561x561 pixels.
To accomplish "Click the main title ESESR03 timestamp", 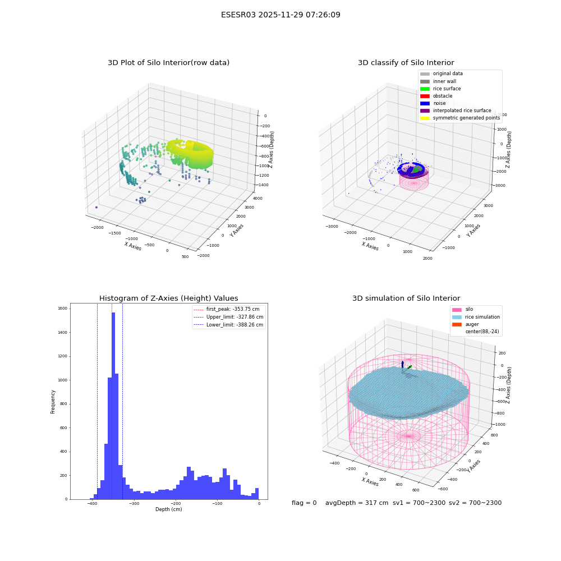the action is (x=280, y=15).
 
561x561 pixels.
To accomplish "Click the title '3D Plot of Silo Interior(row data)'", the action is (x=168, y=63).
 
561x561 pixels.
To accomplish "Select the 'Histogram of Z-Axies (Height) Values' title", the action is (x=168, y=298).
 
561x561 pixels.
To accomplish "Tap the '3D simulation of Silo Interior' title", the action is (x=406, y=298).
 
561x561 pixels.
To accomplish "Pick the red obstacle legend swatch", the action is (x=425, y=96).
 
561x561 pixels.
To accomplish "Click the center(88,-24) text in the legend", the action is (x=482, y=332).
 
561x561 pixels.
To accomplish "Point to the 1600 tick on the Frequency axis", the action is (x=63, y=309).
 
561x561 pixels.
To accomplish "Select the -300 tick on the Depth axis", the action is (x=134, y=504).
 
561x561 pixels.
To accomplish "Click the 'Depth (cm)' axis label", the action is (x=168, y=509).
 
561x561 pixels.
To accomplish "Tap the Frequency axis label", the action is (x=53, y=402).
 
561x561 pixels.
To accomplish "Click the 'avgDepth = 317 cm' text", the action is (x=357, y=503).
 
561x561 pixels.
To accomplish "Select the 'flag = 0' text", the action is (x=304, y=503).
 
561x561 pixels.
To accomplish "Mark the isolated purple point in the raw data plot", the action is (x=96, y=207).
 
